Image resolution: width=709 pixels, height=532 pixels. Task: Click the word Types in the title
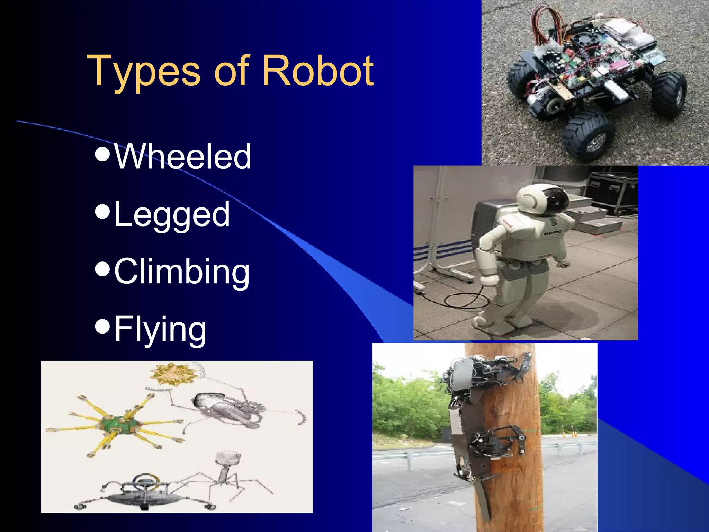(144, 71)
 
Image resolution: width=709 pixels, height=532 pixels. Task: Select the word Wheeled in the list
(182, 157)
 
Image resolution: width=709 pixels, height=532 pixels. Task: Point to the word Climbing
(182, 272)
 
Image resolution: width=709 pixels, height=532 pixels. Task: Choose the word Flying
(160, 329)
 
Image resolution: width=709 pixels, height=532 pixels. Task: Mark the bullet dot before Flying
(102, 326)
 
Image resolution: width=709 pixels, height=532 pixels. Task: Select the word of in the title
(231, 71)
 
